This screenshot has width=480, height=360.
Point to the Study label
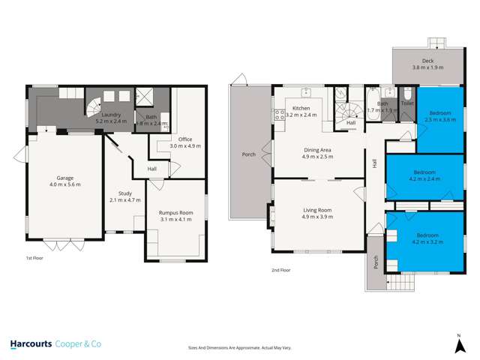pos(119,196)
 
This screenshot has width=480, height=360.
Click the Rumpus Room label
pos(176,216)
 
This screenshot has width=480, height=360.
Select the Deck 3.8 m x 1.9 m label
pos(427,64)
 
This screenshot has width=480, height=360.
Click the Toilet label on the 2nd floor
pos(407,103)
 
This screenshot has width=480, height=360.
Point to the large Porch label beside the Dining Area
pos(247,154)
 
